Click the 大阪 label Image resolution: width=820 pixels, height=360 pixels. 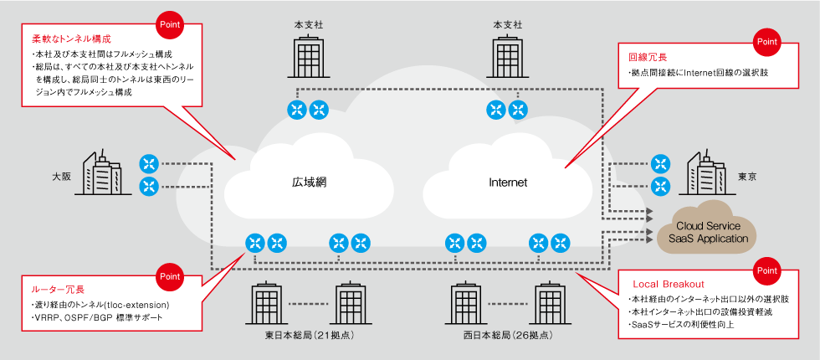click(x=61, y=177)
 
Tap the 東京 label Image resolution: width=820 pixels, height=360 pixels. click(x=747, y=177)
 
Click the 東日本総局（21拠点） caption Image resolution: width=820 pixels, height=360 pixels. click(x=310, y=336)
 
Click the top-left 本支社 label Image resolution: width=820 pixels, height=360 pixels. click(x=309, y=24)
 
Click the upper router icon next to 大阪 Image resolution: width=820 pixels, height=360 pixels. click(x=149, y=163)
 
